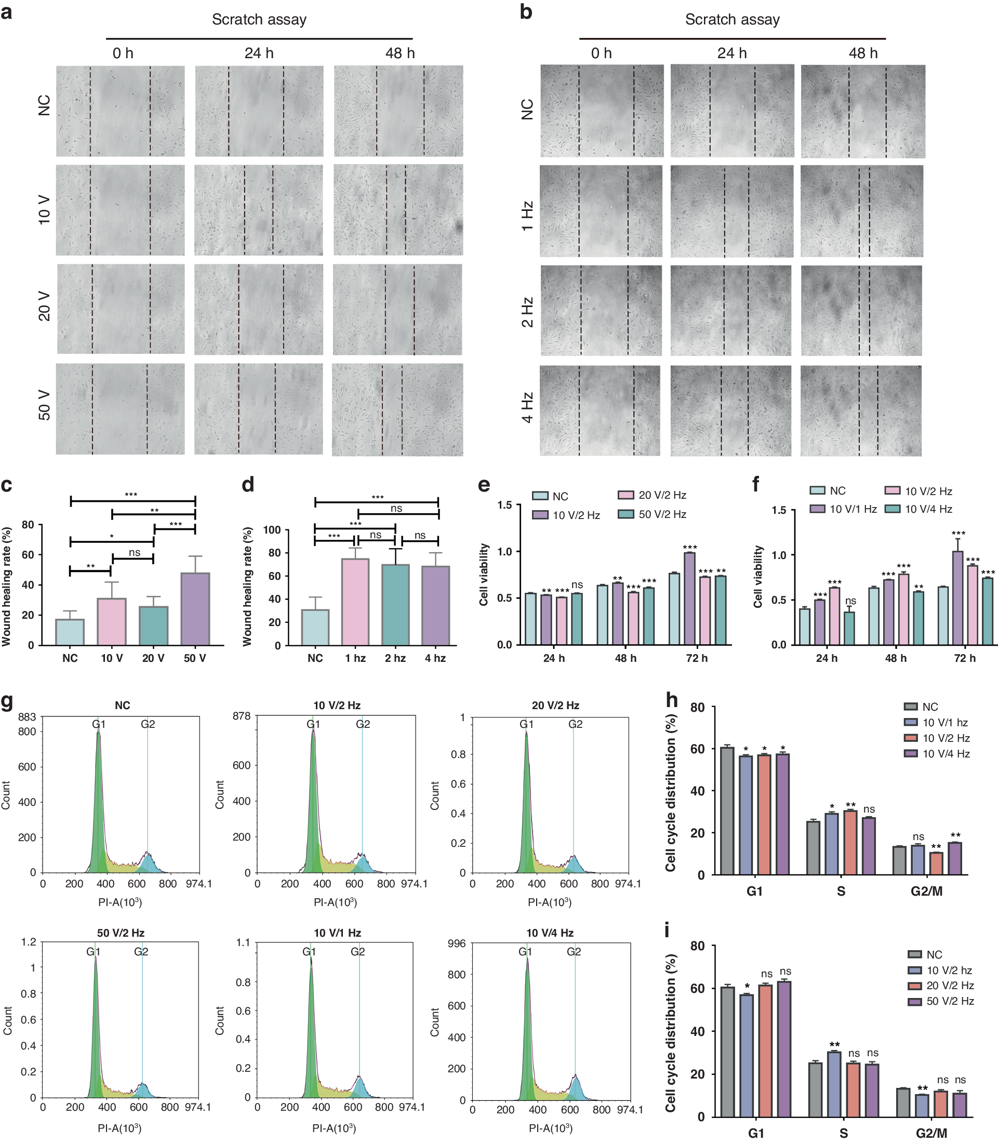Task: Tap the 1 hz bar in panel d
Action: [x=355, y=602]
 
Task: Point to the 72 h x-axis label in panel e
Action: [x=697, y=658]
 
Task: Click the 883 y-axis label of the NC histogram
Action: [x=26, y=717]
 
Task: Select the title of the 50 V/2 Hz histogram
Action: [x=121, y=933]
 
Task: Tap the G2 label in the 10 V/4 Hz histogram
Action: [x=574, y=952]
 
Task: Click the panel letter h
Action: [x=672, y=700]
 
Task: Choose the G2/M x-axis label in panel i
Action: [x=931, y=1134]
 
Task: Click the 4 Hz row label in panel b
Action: [x=527, y=408]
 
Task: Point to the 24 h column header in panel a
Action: [x=259, y=54]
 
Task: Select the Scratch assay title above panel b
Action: [x=732, y=20]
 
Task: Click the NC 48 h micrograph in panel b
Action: [x=863, y=111]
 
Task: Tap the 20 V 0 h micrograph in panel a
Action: [x=121, y=309]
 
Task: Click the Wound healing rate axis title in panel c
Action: [x=7, y=587]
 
